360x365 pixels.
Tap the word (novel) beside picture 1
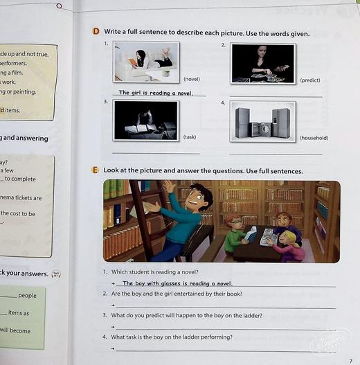(192, 80)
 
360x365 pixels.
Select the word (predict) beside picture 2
(309, 80)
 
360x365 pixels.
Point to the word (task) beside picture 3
(190, 137)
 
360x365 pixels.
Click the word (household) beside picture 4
(314, 138)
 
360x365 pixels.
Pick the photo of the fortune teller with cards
(262, 63)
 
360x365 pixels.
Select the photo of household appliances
(262, 121)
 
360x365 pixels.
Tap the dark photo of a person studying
(145, 121)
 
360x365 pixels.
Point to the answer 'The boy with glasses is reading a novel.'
(178, 283)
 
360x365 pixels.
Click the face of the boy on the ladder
(199, 199)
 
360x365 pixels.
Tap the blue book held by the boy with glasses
(251, 233)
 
